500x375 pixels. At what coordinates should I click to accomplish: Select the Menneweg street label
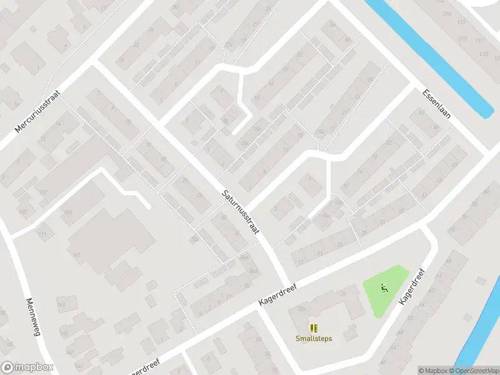point(33,317)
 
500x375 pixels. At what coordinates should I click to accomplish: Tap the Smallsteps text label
point(314,339)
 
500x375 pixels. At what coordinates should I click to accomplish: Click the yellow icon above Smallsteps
point(314,327)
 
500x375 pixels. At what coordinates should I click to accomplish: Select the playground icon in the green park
point(385,288)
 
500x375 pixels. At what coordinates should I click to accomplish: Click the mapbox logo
point(27,367)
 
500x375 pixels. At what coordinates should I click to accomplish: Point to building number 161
point(77,255)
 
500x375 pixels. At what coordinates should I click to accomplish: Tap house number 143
point(61,304)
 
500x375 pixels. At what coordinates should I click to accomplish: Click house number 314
point(447,14)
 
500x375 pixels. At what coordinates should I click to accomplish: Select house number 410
point(483,54)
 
